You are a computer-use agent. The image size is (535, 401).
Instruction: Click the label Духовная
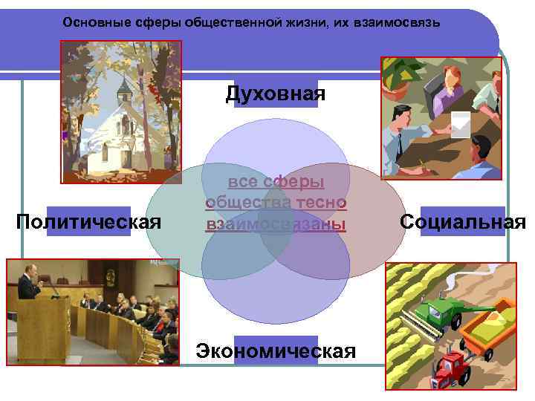[276, 94]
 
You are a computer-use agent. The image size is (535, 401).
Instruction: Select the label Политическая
[88, 221]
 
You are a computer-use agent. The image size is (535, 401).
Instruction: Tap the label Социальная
[463, 221]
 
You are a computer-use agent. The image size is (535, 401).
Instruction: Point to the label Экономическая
[276, 350]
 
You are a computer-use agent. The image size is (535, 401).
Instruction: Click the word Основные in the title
[91, 22]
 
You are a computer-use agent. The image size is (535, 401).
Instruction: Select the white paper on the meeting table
[461, 123]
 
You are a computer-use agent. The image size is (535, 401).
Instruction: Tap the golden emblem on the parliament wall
[110, 276]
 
